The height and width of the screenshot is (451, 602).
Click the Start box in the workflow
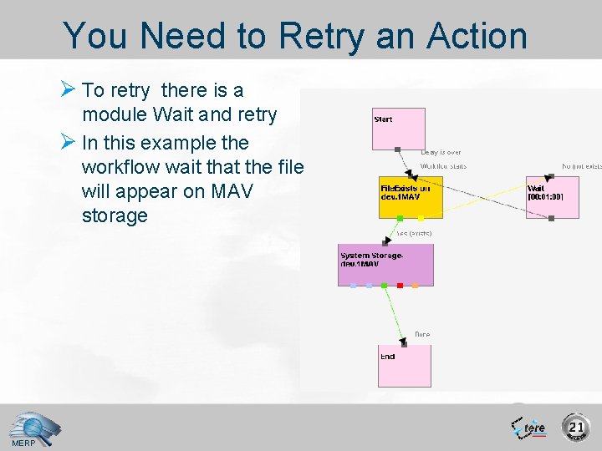(399, 129)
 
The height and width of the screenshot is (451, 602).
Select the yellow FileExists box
(411, 197)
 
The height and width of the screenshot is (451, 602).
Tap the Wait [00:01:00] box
(551, 197)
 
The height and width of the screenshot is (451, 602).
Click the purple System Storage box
(385, 264)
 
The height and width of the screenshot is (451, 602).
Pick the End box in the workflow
(405, 365)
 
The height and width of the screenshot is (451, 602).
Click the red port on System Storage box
(400, 286)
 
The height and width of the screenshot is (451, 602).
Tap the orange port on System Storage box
(416, 286)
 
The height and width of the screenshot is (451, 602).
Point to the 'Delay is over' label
(441, 153)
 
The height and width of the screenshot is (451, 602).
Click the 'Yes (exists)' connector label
(414, 234)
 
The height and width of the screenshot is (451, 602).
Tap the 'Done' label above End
(422, 334)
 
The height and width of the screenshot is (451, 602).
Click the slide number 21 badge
(575, 428)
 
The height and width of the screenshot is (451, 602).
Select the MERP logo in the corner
(32, 428)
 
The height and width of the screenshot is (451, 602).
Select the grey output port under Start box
(398, 150)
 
